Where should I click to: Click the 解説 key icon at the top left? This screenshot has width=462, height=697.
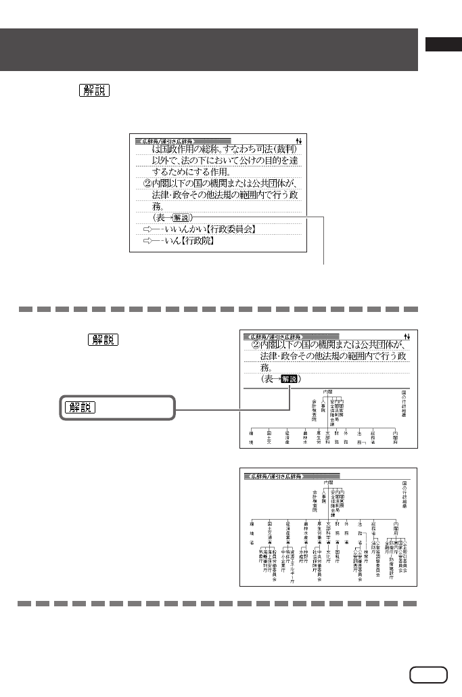[93, 91]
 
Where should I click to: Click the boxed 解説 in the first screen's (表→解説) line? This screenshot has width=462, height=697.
[181, 217]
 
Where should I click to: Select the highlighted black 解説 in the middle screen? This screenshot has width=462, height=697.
[289, 380]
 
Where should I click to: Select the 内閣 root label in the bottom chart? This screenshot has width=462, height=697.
[329, 482]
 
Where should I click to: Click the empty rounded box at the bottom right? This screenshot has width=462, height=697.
[428, 675]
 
